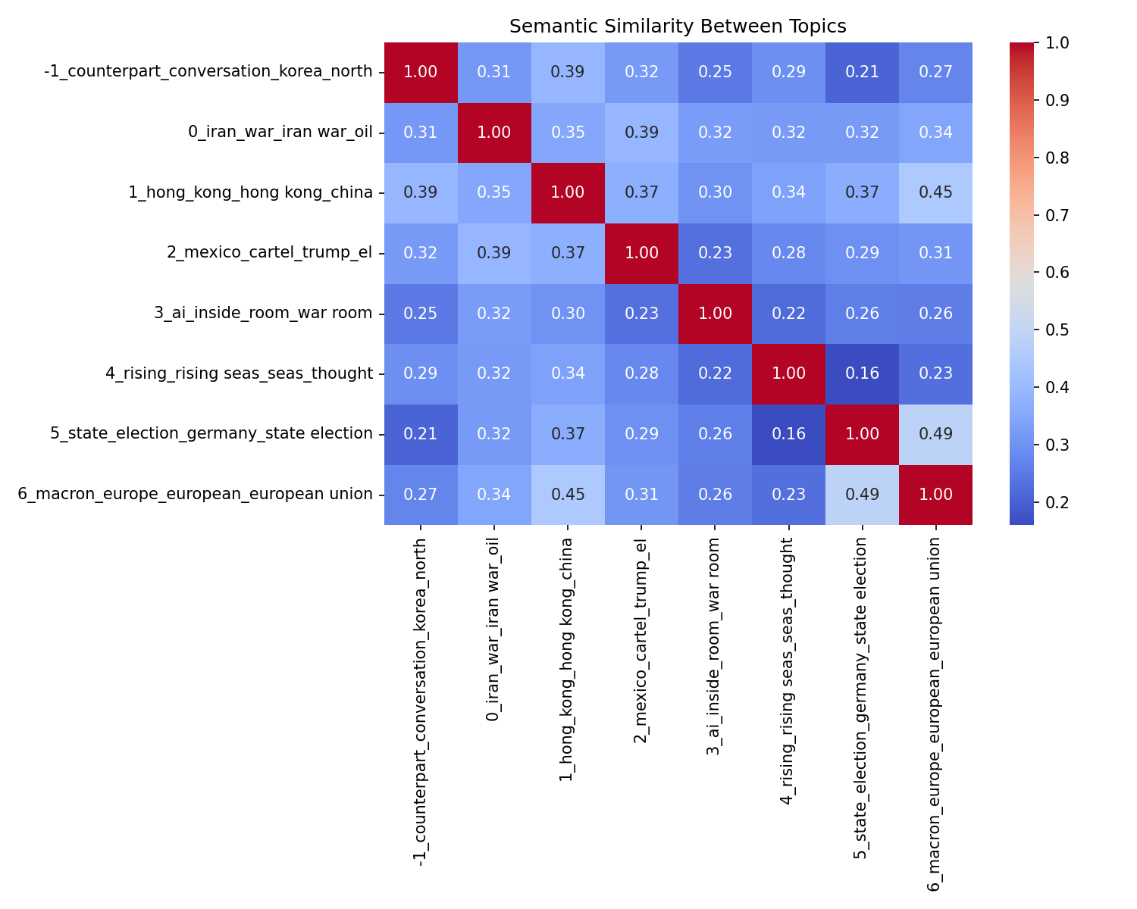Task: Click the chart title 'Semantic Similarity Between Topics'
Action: (678, 27)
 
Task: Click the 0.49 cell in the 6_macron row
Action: (862, 495)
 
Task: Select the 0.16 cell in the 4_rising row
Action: (862, 373)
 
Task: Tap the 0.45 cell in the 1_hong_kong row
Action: (935, 192)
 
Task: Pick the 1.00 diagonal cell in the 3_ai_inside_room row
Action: (715, 314)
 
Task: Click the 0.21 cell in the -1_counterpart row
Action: (862, 72)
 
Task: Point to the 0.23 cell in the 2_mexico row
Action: (715, 253)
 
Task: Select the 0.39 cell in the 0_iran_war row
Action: (641, 133)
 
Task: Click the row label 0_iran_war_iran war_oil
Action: (280, 133)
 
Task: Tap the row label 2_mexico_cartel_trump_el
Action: (270, 253)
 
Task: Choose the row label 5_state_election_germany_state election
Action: (211, 434)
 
